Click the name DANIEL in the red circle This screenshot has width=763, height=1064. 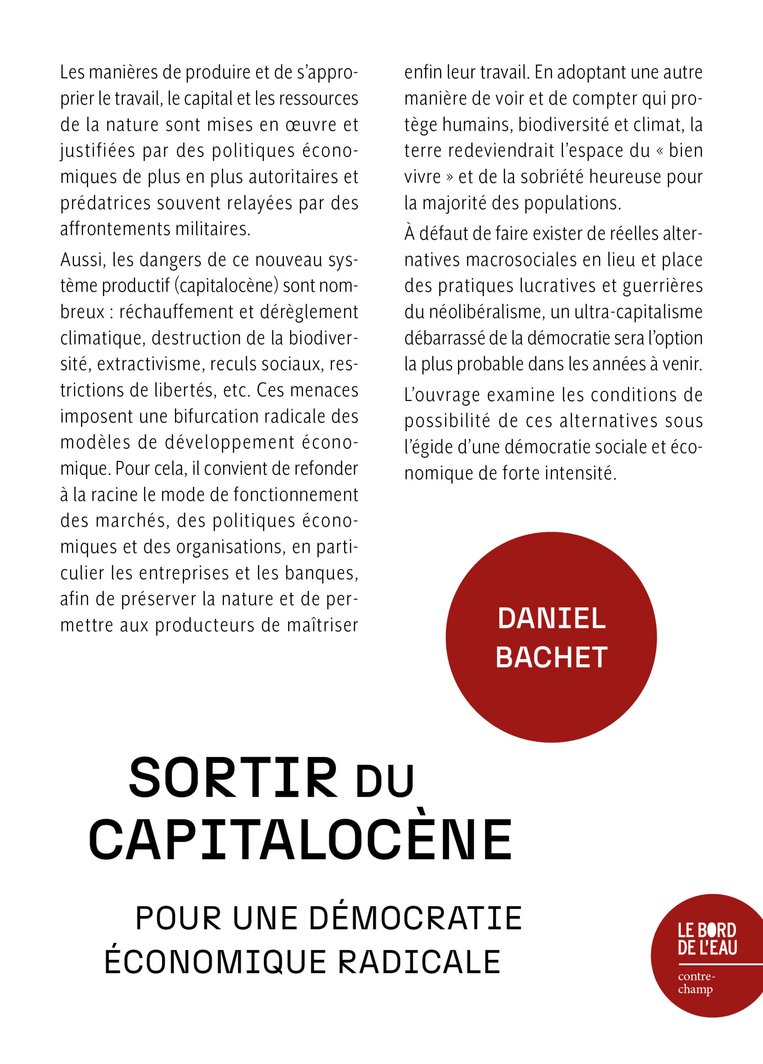click(551, 618)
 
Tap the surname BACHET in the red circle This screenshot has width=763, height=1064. click(551, 657)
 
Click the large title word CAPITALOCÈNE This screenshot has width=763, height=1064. click(300, 841)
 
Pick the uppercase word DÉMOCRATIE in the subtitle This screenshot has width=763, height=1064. click(416, 919)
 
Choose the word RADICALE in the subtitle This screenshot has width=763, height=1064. click(420, 962)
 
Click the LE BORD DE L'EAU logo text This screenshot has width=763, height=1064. click(707, 940)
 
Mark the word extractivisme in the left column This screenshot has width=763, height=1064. click(148, 365)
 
